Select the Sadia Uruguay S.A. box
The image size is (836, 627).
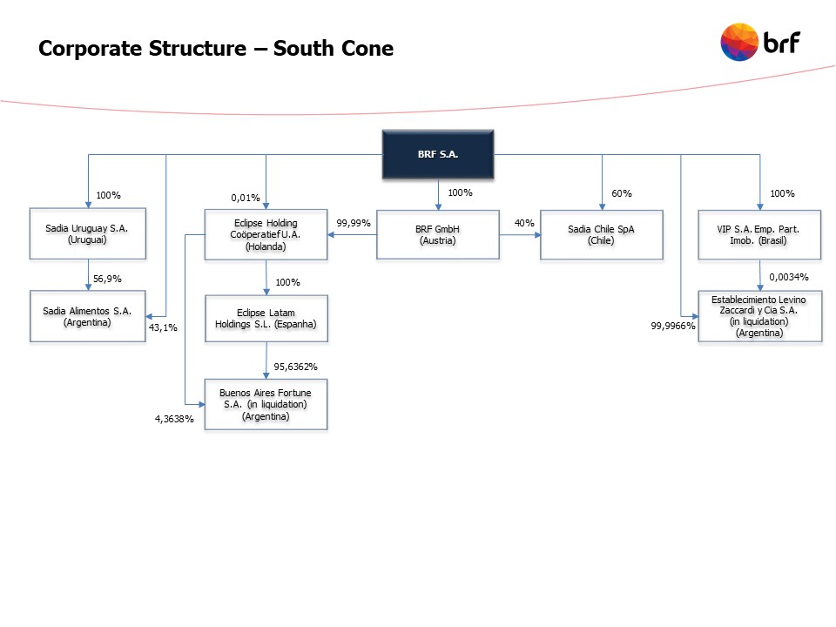click(x=87, y=234)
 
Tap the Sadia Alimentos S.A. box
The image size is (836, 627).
click(x=87, y=316)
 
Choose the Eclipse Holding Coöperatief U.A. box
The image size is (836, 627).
click(x=266, y=234)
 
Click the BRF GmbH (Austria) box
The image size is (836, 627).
click(x=437, y=234)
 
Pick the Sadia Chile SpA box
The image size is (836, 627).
click(x=601, y=234)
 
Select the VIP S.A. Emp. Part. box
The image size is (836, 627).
click(x=759, y=234)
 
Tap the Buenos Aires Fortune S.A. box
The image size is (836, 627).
click(x=266, y=404)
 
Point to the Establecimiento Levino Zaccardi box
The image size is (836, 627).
click(x=759, y=316)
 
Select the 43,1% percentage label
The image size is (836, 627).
click(x=164, y=327)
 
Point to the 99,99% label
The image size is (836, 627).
click(x=354, y=223)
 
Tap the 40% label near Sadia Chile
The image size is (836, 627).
click(x=524, y=223)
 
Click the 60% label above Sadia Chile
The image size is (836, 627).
click(x=622, y=193)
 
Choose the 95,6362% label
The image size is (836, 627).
click(x=296, y=366)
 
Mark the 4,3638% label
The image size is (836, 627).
click(x=175, y=420)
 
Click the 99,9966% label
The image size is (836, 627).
click(x=673, y=326)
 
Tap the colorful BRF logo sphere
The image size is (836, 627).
click(x=739, y=43)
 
